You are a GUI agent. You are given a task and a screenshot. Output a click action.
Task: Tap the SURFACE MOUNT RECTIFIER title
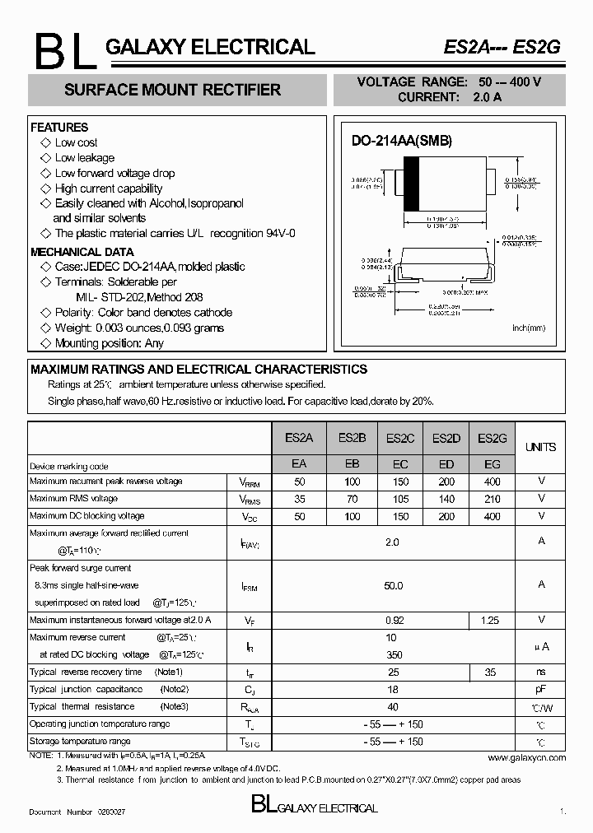coord(172,90)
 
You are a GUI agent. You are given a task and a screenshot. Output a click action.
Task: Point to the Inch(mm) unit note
coord(529,328)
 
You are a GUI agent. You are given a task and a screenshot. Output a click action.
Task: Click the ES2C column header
coord(399,438)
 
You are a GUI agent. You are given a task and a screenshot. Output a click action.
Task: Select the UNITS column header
coord(540,447)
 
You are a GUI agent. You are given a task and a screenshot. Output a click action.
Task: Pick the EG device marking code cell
coord(493,464)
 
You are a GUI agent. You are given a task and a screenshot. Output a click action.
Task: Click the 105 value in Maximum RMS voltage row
coord(399,499)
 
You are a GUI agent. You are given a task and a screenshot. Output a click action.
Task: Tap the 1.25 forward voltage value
coord(493,620)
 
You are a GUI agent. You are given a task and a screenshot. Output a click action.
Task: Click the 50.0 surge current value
coord(393,585)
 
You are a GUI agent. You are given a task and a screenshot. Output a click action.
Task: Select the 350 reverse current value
coord(393,654)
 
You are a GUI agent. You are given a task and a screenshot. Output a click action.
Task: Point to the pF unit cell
coord(541,690)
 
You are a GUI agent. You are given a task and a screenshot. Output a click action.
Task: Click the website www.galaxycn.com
coord(526,757)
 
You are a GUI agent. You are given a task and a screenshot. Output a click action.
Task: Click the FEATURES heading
coord(59,128)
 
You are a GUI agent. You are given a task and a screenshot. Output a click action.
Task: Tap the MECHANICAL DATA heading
coord(82,252)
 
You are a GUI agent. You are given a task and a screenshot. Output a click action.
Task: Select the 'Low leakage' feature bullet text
coord(85,158)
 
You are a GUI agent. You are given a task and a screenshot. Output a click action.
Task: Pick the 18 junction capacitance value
coord(393,690)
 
